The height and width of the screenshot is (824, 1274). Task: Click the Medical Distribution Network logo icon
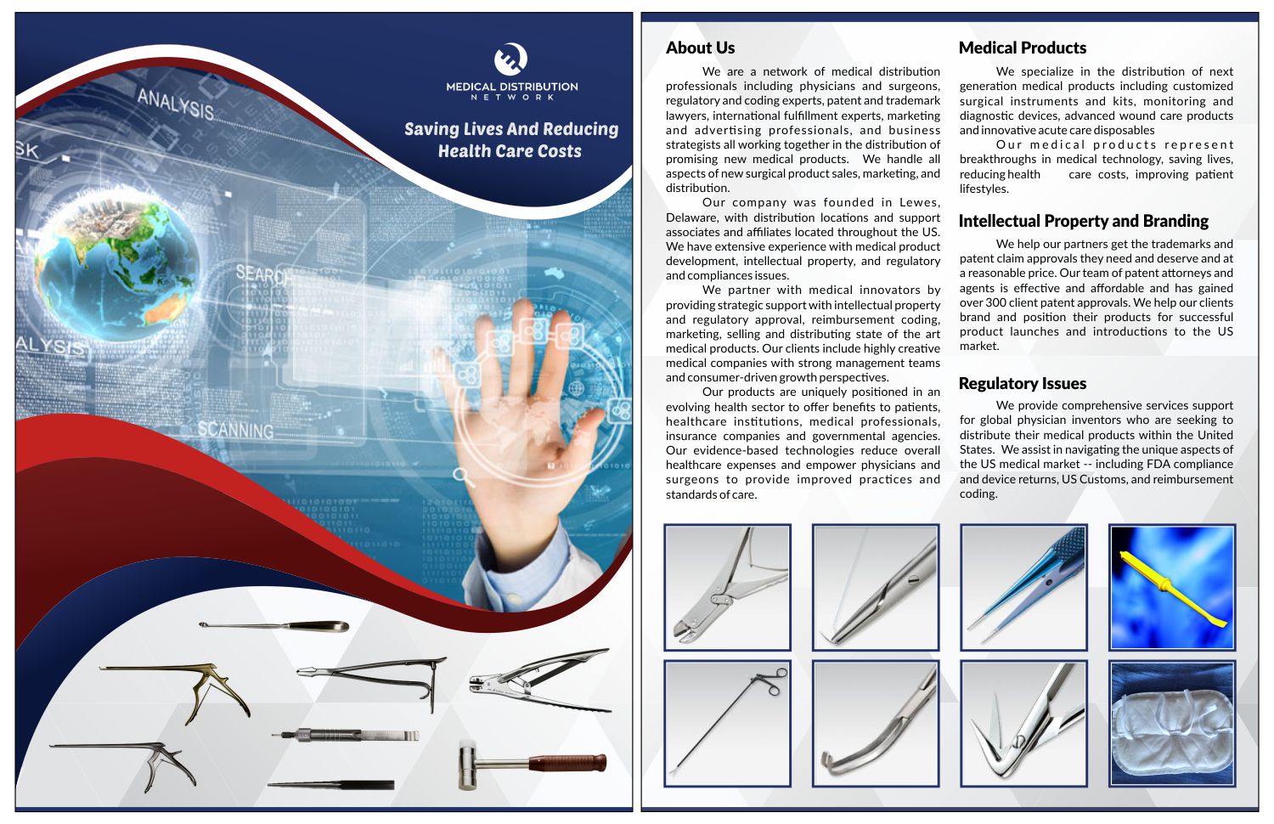coord(510,59)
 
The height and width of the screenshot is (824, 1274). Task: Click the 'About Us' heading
coord(700,48)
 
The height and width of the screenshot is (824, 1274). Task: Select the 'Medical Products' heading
coord(1022,48)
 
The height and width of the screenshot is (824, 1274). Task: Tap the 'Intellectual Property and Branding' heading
coord(1083,221)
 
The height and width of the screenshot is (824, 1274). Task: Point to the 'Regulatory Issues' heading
coord(1022,383)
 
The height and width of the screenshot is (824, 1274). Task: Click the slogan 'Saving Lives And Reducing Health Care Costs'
coord(510,140)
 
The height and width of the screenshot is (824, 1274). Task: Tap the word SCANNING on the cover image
coord(235,430)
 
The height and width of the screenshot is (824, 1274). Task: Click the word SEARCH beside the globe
coord(262,274)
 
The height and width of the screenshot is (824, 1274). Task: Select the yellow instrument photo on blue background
coord(1172,587)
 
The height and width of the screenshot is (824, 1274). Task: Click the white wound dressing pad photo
coord(1172,724)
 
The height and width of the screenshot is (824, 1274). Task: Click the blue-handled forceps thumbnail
coord(1023,587)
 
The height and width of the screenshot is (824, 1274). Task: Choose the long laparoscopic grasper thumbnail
coord(727,724)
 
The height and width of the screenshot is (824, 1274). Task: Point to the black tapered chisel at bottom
coord(331,785)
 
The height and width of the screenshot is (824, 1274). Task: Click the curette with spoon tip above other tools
coord(273,626)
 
